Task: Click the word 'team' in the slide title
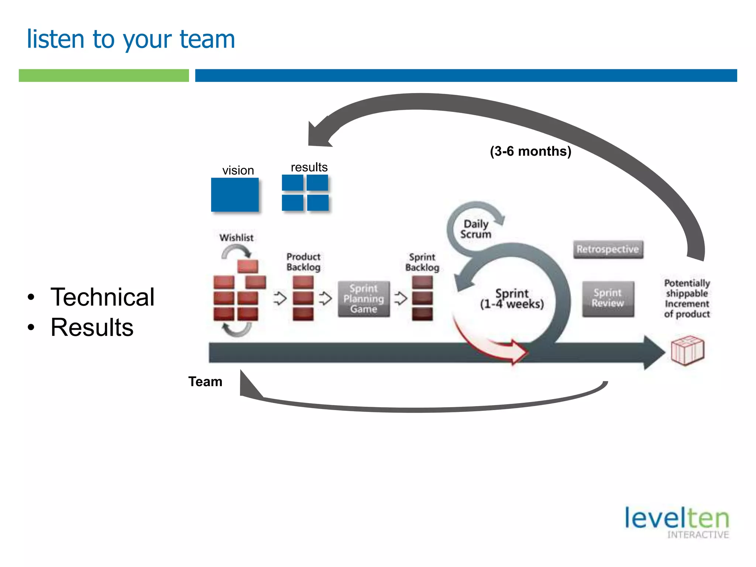pos(207,39)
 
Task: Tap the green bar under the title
pos(104,75)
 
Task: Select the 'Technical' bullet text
pos(102,297)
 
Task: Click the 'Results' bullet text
pos(92,327)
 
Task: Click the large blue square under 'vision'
pos(235,195)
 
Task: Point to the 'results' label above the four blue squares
pos(309,167)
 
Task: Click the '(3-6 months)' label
pos(530,151)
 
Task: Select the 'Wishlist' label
pos(236,238)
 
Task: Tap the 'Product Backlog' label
pos(303,262)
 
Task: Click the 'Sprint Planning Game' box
pos(364,299)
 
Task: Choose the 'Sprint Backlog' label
pos(422,262)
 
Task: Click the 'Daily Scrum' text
pos(476,229)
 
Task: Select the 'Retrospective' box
pos(608,249)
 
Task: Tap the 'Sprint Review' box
pos(608,298)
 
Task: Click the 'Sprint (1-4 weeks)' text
pos(512,299)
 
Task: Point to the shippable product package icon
pos(687,350)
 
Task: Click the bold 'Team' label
pos(205,381)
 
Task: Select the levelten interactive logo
pos(677,522)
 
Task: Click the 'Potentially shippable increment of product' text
pos(687,298)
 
